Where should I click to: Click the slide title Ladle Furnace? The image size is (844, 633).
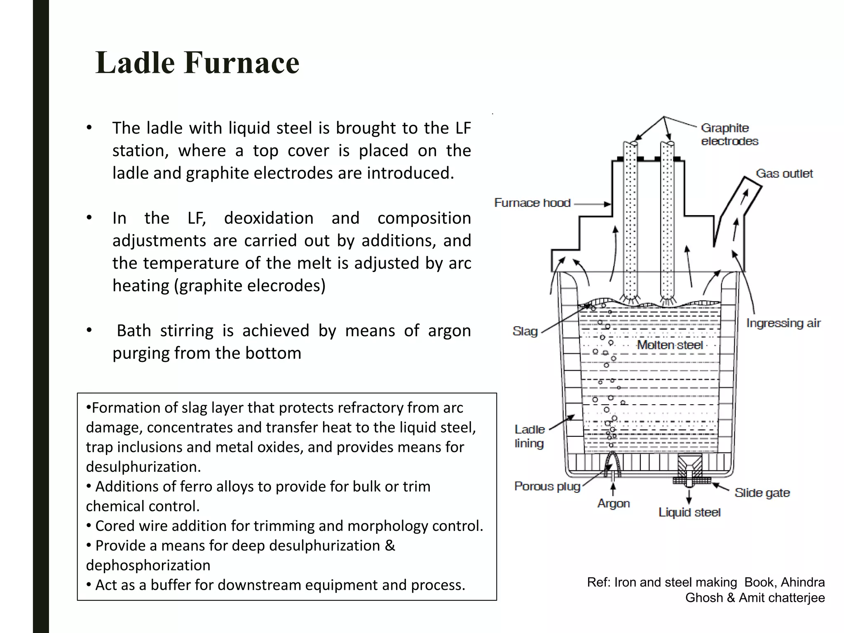(197, 63)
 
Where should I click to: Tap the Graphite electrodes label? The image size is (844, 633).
(729, 134)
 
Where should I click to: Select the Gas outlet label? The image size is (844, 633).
(784, 173)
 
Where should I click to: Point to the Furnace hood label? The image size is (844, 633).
(532, 203)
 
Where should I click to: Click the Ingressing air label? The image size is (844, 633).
(783, 323)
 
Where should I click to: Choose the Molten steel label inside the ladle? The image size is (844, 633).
(670, 345)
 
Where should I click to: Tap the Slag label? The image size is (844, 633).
(525, 331)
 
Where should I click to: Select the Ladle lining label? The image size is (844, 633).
(530, 436)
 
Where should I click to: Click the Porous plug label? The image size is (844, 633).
(547, 486)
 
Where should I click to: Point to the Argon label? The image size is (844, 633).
(614, 504)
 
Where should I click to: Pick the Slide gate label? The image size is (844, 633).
(762, 493)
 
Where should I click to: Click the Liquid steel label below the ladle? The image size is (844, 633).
(689, 512)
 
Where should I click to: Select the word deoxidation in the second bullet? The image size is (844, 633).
(269, 218)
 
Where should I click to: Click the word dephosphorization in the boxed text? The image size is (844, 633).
(148, 565)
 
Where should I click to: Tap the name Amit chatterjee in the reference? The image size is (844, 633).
(781, 598)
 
